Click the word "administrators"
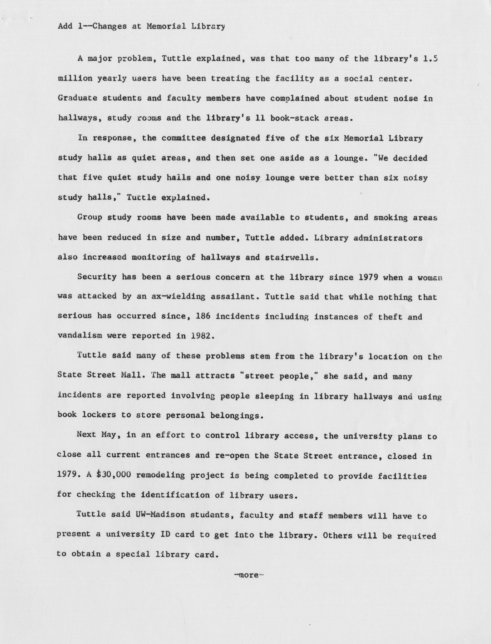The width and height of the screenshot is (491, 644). click(x=388, y=238)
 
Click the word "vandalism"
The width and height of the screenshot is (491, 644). click(x=80, y=336)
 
